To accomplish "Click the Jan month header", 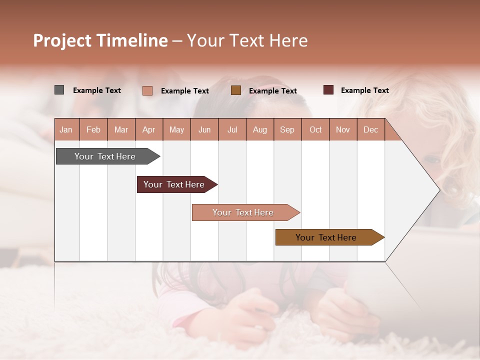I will (x=66, y=129).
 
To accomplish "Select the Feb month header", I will (x=93, y=129).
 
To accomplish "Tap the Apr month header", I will (x=149, y=129).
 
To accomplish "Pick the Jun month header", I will (x=204, y=129).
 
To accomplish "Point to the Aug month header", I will (x=260, y=129).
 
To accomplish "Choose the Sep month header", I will (x=287, y=129).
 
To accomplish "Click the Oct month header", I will (x=315, y=129).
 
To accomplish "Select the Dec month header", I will (x=371, y=129).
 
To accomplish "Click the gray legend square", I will (x=59, y=90).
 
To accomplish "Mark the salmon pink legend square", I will (x=147, y=90).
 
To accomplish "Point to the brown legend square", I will (x=236, y=90).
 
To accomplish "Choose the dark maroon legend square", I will (x=328, y=90).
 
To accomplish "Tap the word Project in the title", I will (x=62, y=40).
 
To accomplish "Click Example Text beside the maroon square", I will (x=364, y=90).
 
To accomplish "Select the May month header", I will (x=176, y=129).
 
